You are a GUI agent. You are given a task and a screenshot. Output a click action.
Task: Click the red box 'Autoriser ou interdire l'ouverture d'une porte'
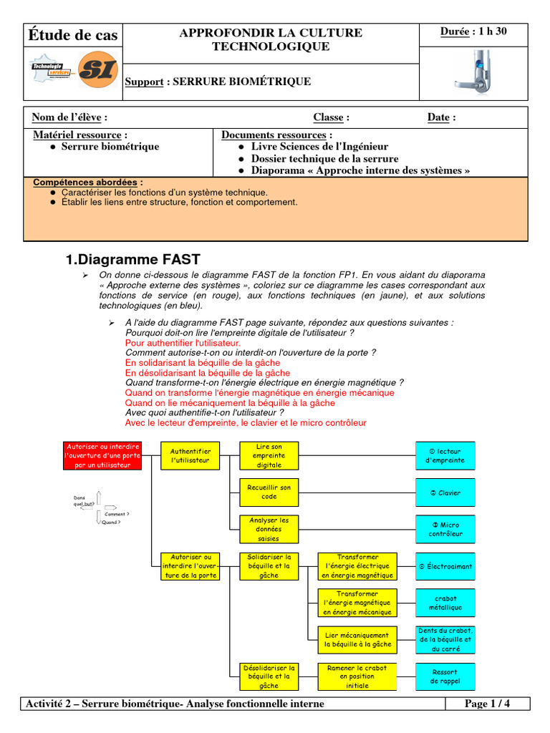(102, 455)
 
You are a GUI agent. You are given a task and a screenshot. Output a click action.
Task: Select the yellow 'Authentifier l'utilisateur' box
(190, 455)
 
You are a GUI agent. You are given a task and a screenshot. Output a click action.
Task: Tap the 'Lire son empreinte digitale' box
(269, 455)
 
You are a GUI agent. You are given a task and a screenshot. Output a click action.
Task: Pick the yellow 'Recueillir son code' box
(269, 492)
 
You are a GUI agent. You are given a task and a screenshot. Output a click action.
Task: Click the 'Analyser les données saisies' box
(269, 529)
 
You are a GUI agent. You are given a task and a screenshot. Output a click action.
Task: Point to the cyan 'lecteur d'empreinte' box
(445, 456)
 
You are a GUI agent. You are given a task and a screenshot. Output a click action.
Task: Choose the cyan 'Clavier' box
(445, 492)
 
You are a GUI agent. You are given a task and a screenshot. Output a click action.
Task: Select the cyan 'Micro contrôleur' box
(445, 530)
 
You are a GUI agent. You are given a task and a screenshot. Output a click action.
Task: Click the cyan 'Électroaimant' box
(445, 566)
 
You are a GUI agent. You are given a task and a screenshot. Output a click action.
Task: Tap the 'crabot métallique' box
(445, 603)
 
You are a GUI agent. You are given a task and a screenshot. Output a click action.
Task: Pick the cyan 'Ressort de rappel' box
(445, 676)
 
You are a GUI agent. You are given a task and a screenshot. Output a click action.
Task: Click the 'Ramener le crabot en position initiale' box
(357, 676)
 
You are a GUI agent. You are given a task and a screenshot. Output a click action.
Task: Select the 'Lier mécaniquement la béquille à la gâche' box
(357, 640)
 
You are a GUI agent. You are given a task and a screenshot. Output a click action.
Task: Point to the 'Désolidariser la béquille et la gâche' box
(269, 676)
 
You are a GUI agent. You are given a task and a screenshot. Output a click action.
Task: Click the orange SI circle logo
(97, 70)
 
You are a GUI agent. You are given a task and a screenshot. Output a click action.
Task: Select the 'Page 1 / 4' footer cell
(487, 704)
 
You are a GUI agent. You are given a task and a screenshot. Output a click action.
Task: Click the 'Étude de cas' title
(73, 35)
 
